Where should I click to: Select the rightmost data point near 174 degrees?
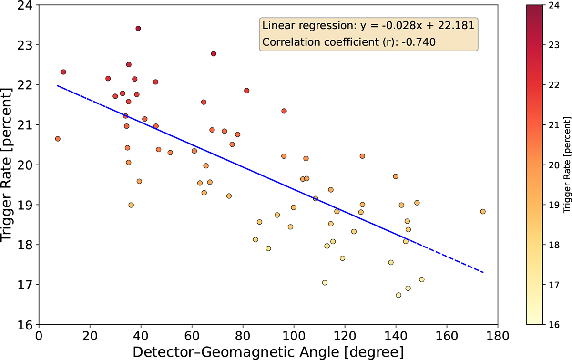[x=483, y=212]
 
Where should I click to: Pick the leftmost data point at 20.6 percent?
[x=58, y=139]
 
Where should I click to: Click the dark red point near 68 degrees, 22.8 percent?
[x=214, y=54]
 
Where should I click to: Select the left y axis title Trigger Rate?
[x=8, y=165]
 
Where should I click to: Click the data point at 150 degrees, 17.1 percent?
[x=421, y=279]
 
